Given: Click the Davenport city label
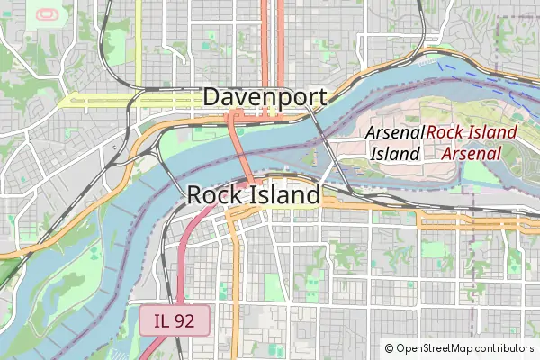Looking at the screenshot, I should [x=265, y=97].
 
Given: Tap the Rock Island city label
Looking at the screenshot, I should [x=254, y=194].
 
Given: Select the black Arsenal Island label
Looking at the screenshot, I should [x=396, y=142].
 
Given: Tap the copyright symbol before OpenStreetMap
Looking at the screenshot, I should [x=389, y=347].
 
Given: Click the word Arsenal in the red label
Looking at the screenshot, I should [x=472, y=153].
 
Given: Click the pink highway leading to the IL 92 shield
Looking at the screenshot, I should [x=184, y=261].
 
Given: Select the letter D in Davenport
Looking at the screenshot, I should [x=213, y=97].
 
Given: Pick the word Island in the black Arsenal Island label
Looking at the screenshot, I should [x=396, y=153].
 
